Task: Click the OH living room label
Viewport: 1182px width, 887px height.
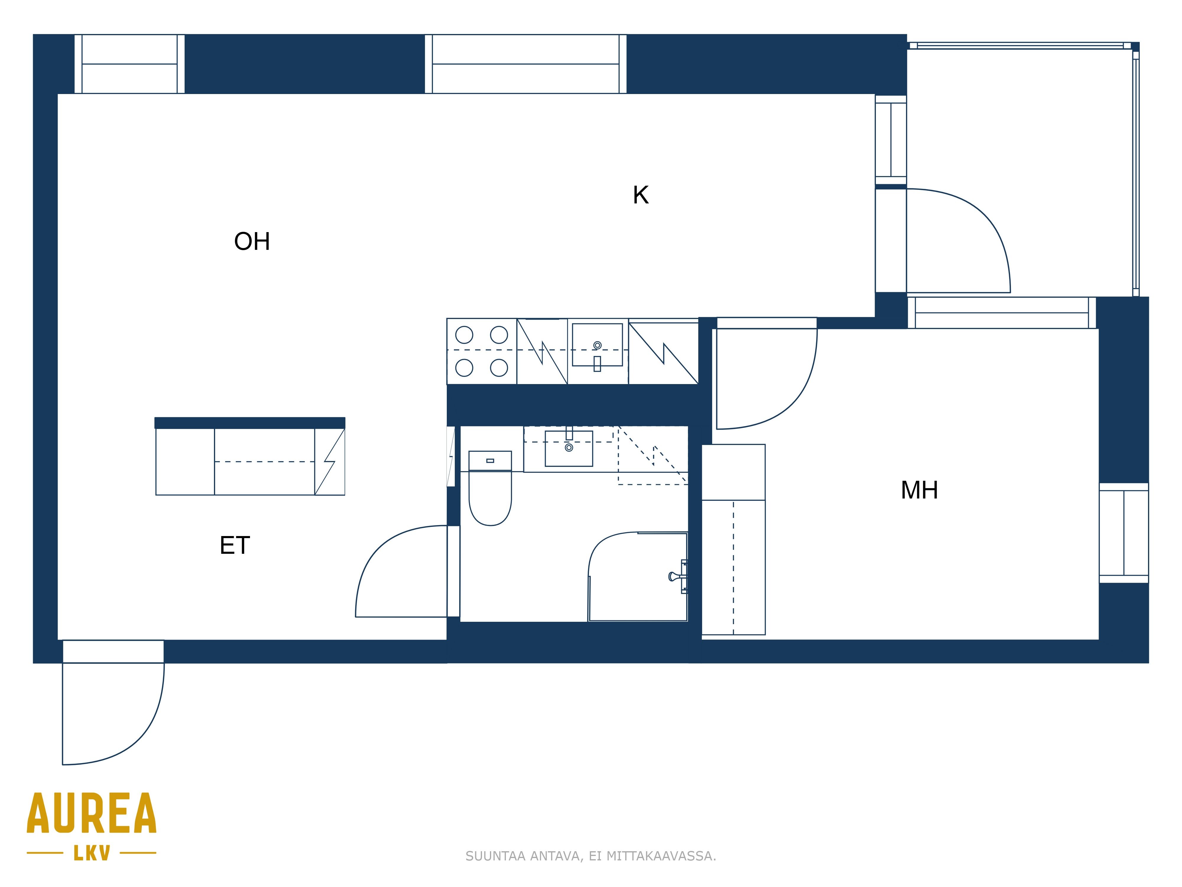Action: (x=252, y=242)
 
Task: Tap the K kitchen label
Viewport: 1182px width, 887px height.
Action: (x=641, y=195)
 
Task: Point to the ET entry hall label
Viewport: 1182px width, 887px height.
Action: (x=235, y=545)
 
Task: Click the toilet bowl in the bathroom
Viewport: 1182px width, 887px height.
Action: (x=490, y=497)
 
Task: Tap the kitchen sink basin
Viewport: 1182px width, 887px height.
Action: (x=598, y=345)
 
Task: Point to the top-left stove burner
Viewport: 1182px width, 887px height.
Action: (x=464, y=335)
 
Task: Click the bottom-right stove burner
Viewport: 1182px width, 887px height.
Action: (x=499, y=368)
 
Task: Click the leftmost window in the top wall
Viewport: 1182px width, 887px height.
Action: (x=129, y=64)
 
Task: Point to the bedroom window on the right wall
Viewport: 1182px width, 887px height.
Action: (x=1124, y=533)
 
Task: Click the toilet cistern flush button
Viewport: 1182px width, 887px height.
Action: (x=490, y=460)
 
